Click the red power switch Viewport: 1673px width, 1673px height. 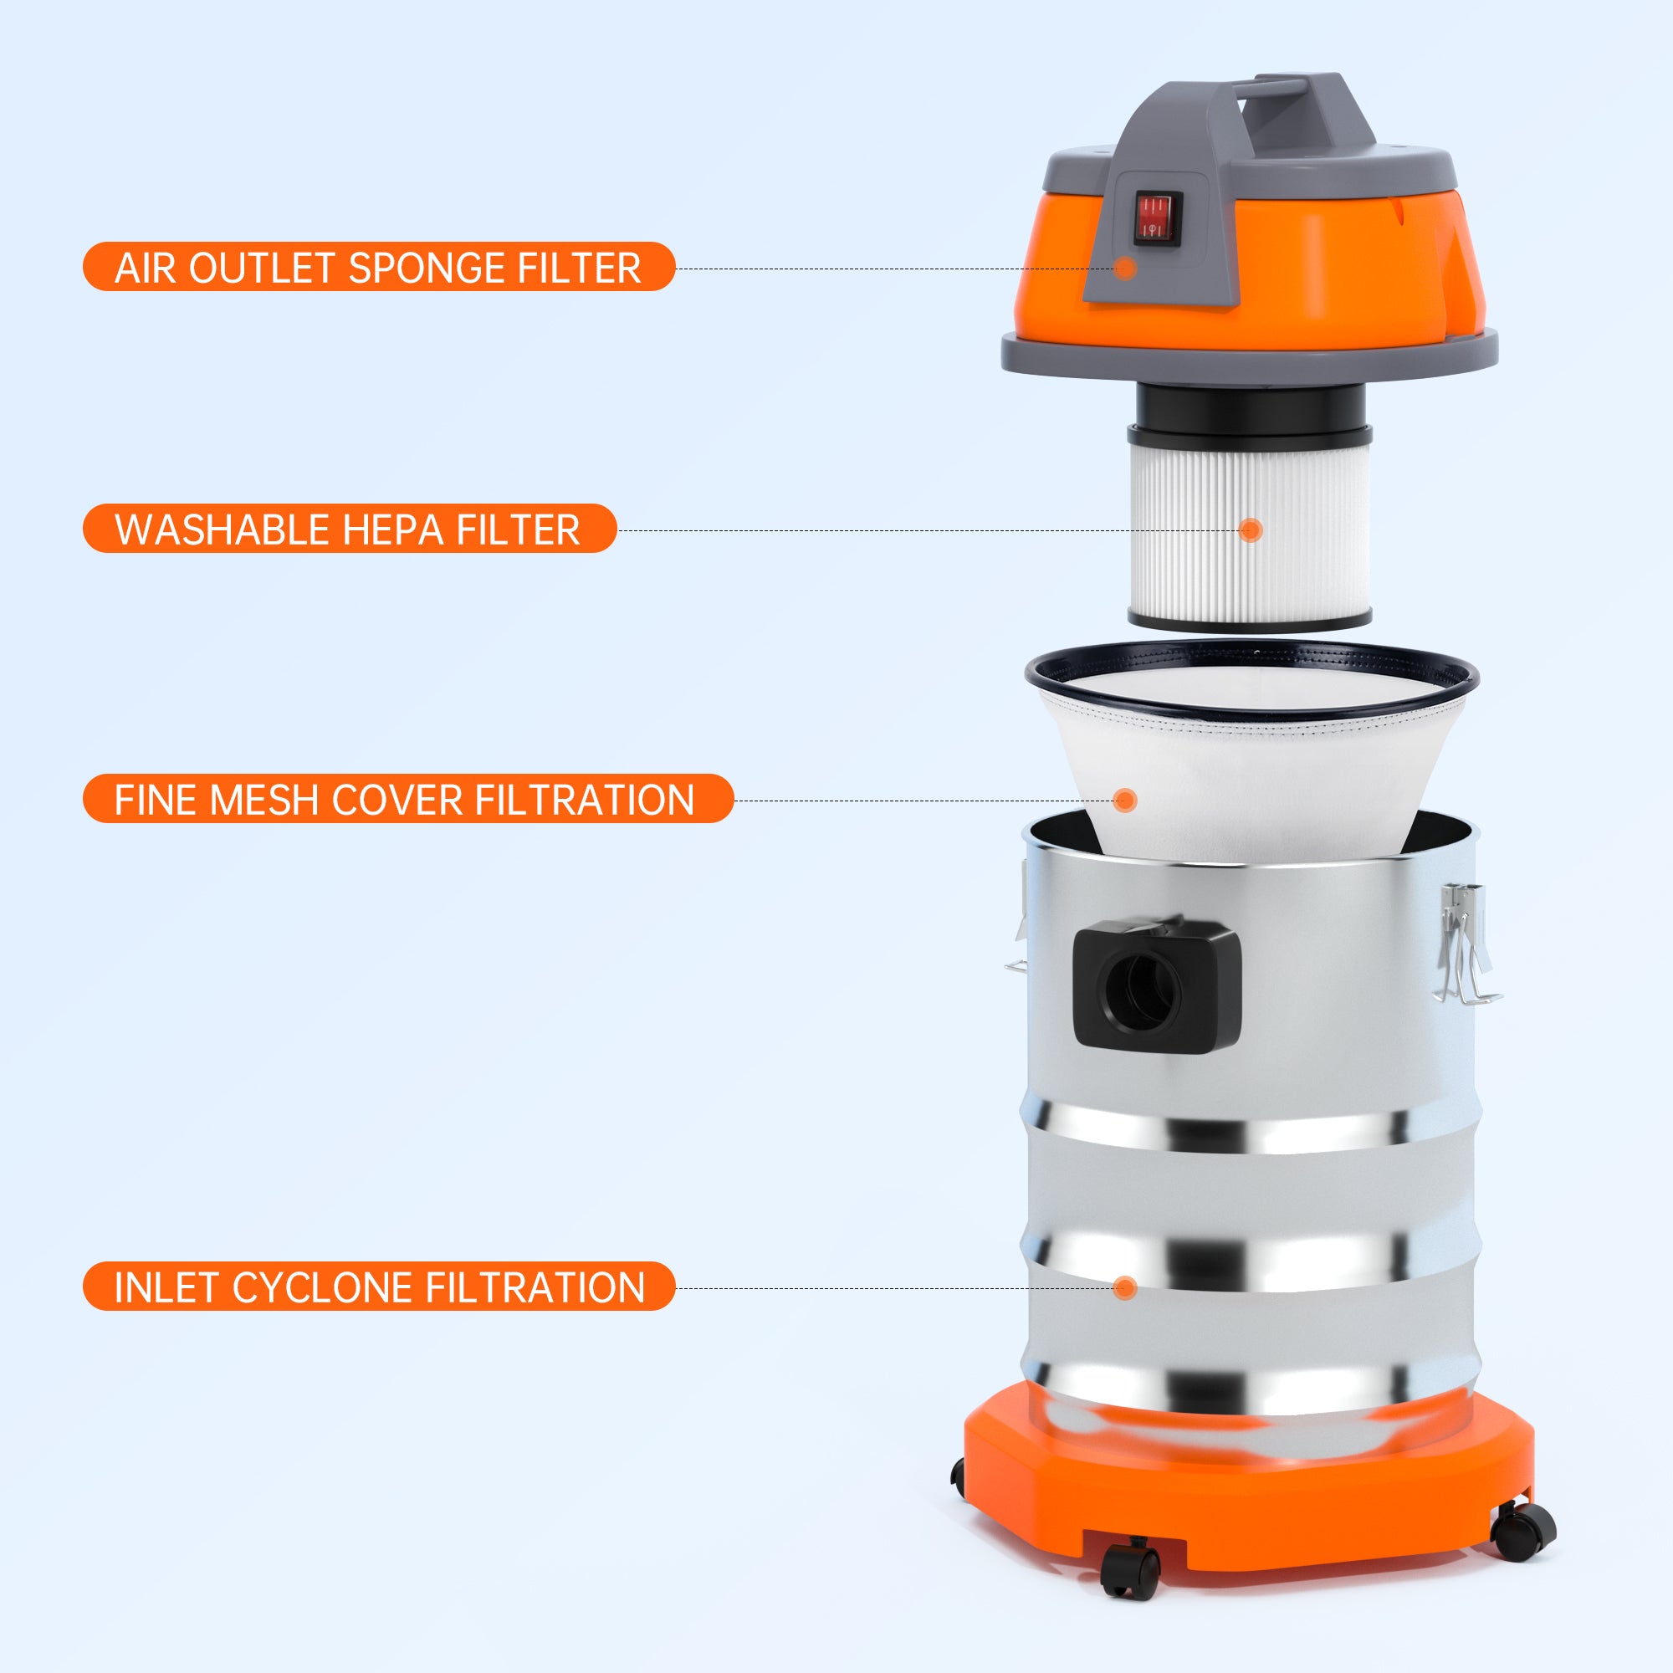1158,217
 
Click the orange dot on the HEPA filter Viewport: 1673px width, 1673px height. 1250,530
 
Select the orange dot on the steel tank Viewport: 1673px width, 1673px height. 1124,1287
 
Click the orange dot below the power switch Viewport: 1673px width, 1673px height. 1124,268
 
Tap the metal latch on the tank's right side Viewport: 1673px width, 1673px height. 1467,944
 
